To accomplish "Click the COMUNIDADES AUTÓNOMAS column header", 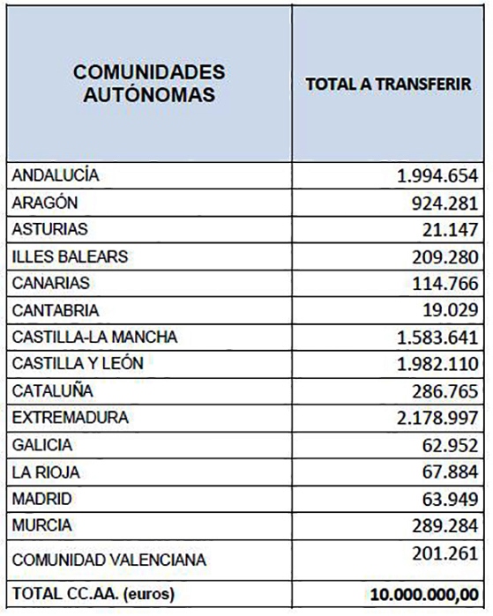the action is (149, 84).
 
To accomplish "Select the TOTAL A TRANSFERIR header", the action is (388, 84).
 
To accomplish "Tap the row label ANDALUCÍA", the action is (56, 174).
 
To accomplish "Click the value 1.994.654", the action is (437, 175).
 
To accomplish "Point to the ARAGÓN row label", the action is (45, 203).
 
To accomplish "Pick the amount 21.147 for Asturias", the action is (450, 230).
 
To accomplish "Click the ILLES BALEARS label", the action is (70, 256).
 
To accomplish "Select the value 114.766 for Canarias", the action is (445, 283).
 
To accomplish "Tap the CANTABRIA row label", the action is (56, 310).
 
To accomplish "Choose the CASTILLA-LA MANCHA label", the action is (94, 337).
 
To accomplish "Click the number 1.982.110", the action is (437, 364).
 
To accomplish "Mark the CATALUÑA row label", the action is (53, 390).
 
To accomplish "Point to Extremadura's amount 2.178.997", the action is (437, 418).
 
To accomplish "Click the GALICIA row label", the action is (42, 445).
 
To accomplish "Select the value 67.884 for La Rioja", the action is (450, 471).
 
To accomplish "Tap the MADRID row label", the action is (42, 499).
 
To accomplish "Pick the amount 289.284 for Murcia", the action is (445, 525).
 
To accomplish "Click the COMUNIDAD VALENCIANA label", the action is (109, 560).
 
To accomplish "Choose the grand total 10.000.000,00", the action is (424, 594).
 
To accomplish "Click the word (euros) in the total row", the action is (149, 594).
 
